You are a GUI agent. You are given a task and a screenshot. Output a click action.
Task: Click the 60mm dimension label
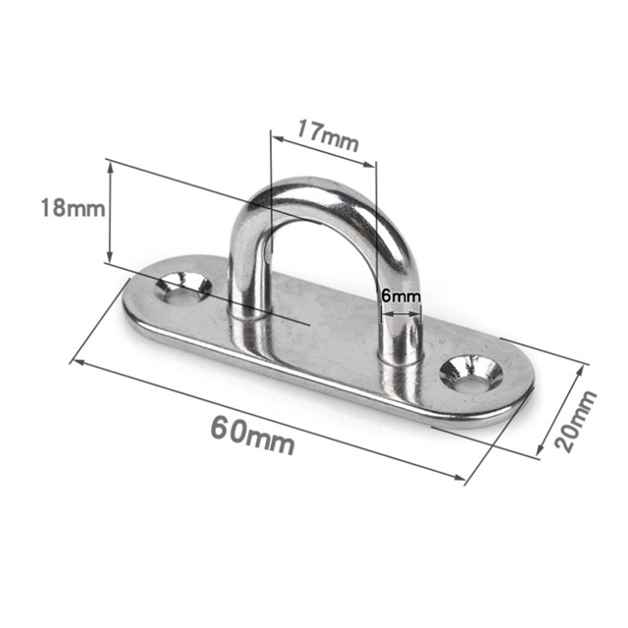[253, 435]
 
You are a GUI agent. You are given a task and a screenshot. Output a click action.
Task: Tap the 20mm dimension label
[575, 421]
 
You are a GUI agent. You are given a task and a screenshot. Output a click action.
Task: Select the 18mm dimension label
[73, 208]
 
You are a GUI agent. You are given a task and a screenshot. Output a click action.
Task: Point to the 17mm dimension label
[327, 135]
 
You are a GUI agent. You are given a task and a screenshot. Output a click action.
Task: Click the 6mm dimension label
[401, 296]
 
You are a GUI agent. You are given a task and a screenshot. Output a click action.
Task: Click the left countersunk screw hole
[183, 288]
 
